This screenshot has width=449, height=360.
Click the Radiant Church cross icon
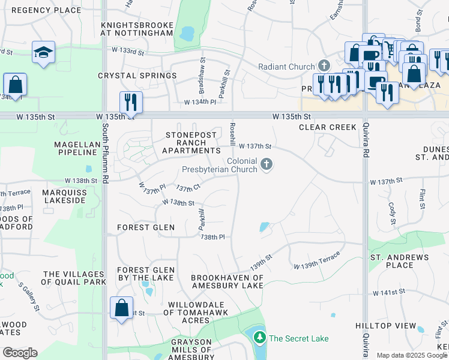tap(324, 66)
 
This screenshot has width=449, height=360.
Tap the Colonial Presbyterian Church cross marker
tap(268, 163)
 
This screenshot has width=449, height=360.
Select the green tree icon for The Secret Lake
tap(259, 338)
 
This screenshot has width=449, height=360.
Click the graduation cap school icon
tap(43, 53)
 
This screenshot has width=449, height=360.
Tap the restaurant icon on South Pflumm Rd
tap(131, 101)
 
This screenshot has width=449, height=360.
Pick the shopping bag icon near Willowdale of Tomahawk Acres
tap(121, 308)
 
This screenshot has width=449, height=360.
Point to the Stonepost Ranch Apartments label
tap(191, 143)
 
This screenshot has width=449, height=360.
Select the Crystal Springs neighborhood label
tap(137, 76)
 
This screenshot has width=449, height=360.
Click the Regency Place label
tap(46, 10)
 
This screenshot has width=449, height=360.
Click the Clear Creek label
tap(328, 127)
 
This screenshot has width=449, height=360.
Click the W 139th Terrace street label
tap(316, 260)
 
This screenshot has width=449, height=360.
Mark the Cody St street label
tap(393, 214)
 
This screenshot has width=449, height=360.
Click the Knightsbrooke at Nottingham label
tap(137, 29)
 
